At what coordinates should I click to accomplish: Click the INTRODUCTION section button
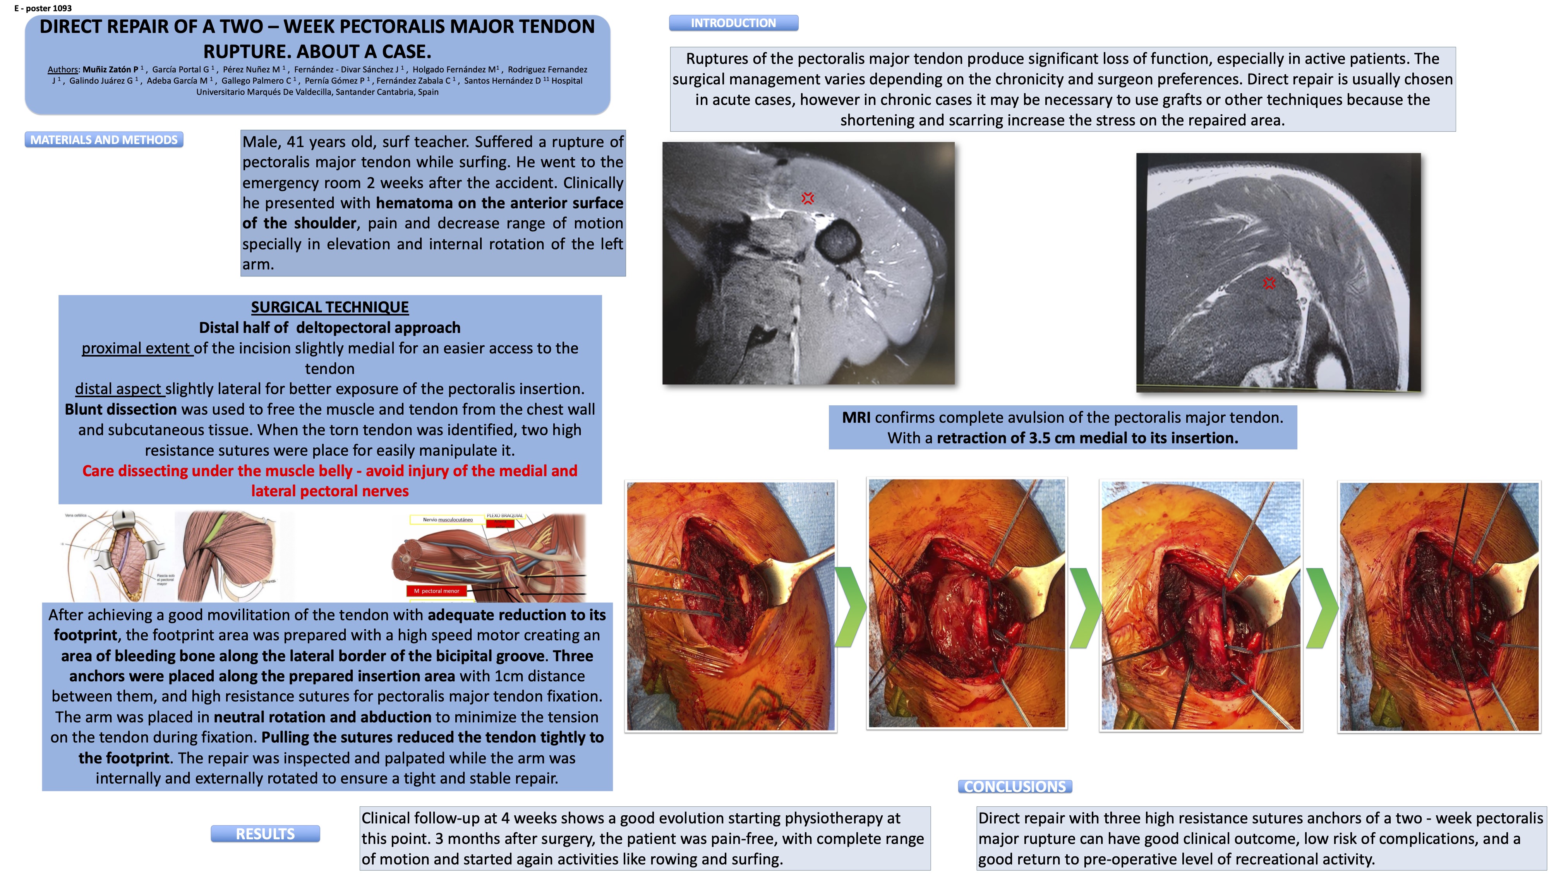pos(733,23)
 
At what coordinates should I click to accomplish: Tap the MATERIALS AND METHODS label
pos(104,140)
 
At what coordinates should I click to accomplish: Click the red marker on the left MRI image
pos(807,198)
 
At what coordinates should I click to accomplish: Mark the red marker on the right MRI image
pos(1269,283)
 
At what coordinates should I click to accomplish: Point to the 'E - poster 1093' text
pos(43,8)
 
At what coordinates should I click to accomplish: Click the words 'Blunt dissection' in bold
pos(120,410)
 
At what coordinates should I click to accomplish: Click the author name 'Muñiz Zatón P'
pos(110,70)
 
